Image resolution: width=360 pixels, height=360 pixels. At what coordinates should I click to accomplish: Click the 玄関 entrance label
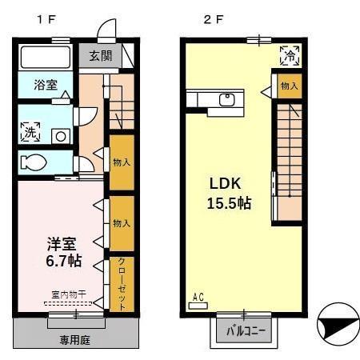[x=101, y=56]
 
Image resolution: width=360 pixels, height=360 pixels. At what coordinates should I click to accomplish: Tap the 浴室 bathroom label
[x=44, y=84]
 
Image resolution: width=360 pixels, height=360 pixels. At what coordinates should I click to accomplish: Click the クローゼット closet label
[x=122, y=282]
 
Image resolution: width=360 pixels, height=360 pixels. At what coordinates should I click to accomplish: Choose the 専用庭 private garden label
[x=74, y=339]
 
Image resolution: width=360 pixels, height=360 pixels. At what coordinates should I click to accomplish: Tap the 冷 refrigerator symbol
[x=289, y=55]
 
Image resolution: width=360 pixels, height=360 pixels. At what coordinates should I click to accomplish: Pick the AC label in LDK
[x=198, y=298]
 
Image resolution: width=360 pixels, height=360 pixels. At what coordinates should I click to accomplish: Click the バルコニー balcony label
[x=242, y=330]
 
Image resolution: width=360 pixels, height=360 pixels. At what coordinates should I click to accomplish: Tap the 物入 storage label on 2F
[x=290, y=86]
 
